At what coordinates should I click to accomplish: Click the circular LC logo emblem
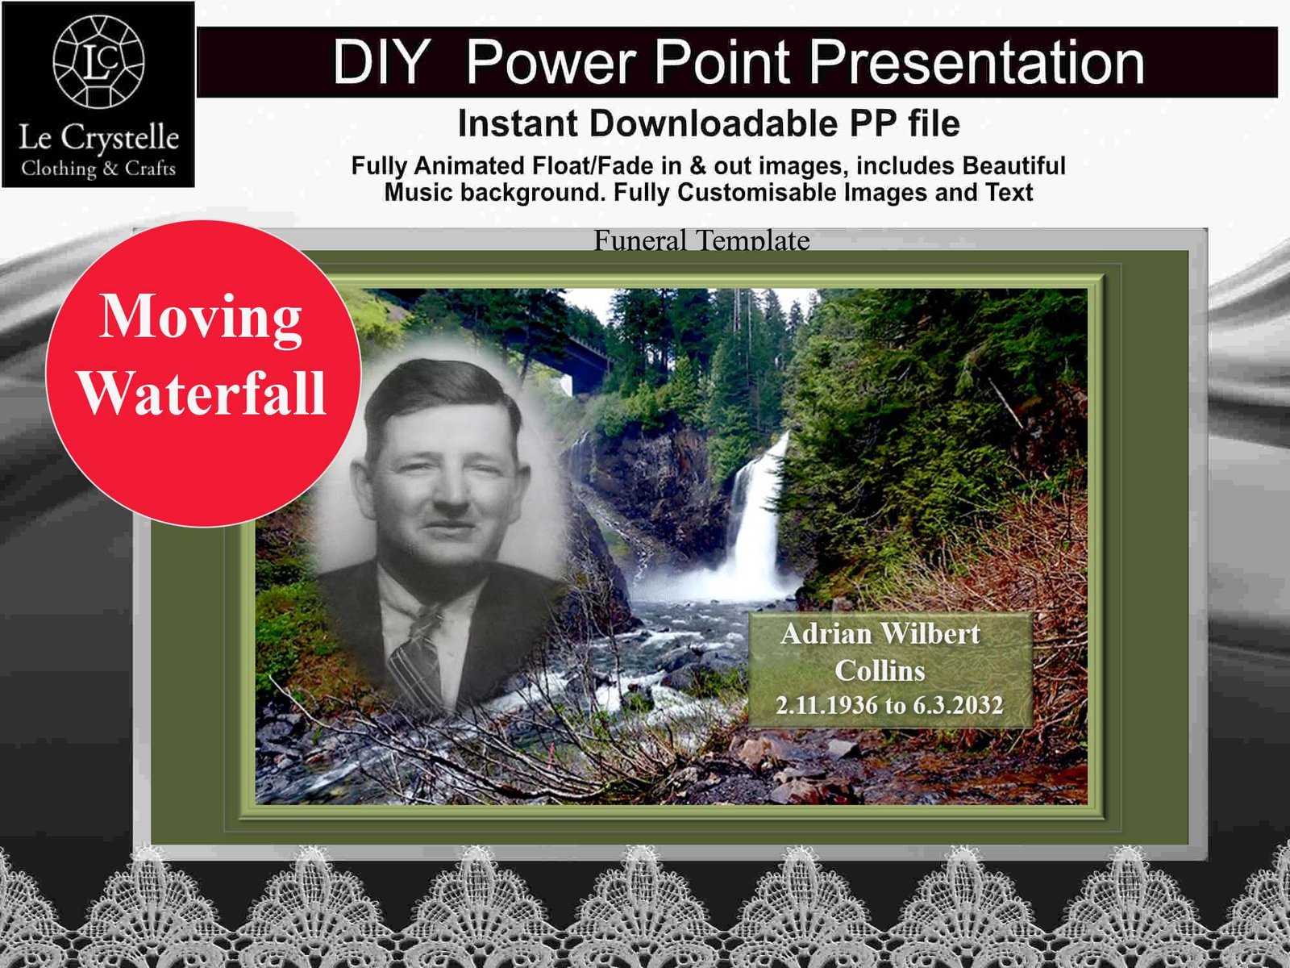click(98, 61)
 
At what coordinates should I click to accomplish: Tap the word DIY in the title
click(381, 62)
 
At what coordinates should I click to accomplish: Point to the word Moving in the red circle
click(201, 317)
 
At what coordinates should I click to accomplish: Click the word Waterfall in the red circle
click(202, 394)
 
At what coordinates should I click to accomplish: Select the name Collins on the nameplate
click(880, 671)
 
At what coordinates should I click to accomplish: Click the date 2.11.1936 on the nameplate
click(826, 706)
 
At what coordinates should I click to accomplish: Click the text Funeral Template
click(701, 240)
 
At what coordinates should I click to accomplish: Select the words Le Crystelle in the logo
click(98, 138)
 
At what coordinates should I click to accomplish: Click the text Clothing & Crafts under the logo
click(98, 169)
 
